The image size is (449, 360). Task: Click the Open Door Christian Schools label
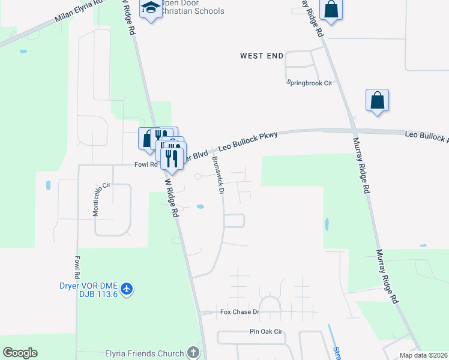pos(193,7)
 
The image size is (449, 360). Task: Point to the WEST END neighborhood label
pos(262,56)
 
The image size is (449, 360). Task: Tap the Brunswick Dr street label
pos(218,175)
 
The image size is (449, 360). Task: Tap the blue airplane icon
pos(126,289)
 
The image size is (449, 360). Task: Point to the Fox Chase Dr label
pos(240,312)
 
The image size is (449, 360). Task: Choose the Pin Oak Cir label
pos(265,332)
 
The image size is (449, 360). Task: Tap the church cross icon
pos(193,353)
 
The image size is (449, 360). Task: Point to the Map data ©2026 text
pos(423,355)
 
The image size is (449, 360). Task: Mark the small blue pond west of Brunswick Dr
pos(200,208)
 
